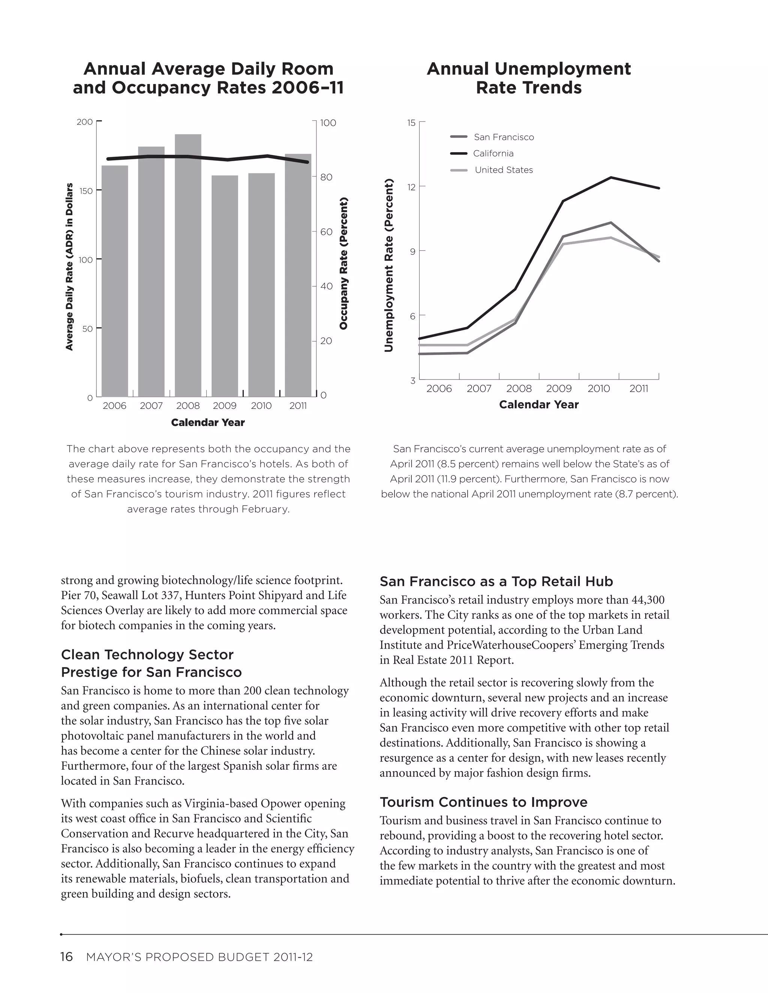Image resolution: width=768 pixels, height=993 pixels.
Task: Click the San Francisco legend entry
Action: pyautogui.click(x=504, y=137)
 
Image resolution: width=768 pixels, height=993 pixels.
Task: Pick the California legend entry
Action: pyautogui.click(x=493, y=153)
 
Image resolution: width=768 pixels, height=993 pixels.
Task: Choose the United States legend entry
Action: pyautogui.click(x=504, y=170)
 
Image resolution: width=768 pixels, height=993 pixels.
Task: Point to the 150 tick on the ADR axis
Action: pyautogui.click(x=85, y=191)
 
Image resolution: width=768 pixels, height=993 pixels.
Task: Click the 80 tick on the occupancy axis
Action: pyautogui.click(x=326, y=177)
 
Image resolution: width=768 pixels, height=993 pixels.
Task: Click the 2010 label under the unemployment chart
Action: pyautogui.click(x=598, y=388)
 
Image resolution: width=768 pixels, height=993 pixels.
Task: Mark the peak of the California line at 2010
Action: pyautogui.click(x=611, y=177)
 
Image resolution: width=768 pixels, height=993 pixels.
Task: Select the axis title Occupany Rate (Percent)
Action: pyautogui.click(x=343, y=263)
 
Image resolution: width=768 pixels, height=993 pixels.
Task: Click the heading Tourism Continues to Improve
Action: pyautogui.click(x=483, y=802)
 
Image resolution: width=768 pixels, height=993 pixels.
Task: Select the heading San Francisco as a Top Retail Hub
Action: pyautogui.click(x=496, y=581)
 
